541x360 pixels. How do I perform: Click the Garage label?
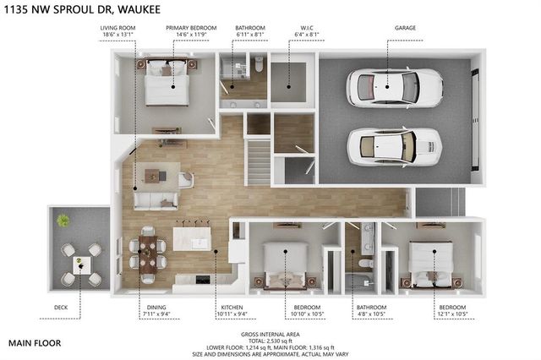tap(405, 27)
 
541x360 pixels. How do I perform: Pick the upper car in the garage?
tap(394, 85)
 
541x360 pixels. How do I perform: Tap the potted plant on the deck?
tap(63, 221)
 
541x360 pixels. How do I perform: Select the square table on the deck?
tap(81, 265)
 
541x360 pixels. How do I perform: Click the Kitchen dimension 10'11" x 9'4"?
tap(233, 314)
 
